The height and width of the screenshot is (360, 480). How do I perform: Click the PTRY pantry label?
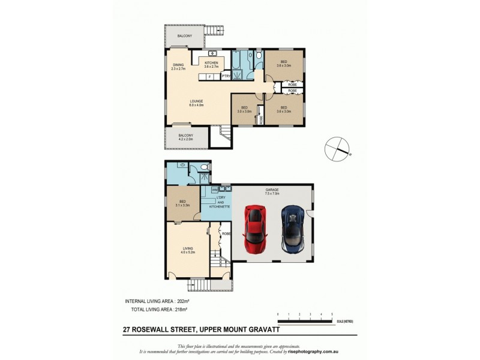click(x=226, y=76)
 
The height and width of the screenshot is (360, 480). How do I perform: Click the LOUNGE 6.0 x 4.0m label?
click(x=196, y=103)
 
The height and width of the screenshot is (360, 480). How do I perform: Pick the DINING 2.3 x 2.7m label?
click(x=179, y=67)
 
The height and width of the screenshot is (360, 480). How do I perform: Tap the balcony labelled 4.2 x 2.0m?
click(x=186, y=137)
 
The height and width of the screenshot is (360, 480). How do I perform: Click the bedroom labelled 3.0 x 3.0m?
click(x=243, y=109)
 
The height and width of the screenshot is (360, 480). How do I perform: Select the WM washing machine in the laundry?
click(x=214, y=190)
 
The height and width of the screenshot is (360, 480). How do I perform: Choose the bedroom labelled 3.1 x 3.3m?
click(x=182, y=203)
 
